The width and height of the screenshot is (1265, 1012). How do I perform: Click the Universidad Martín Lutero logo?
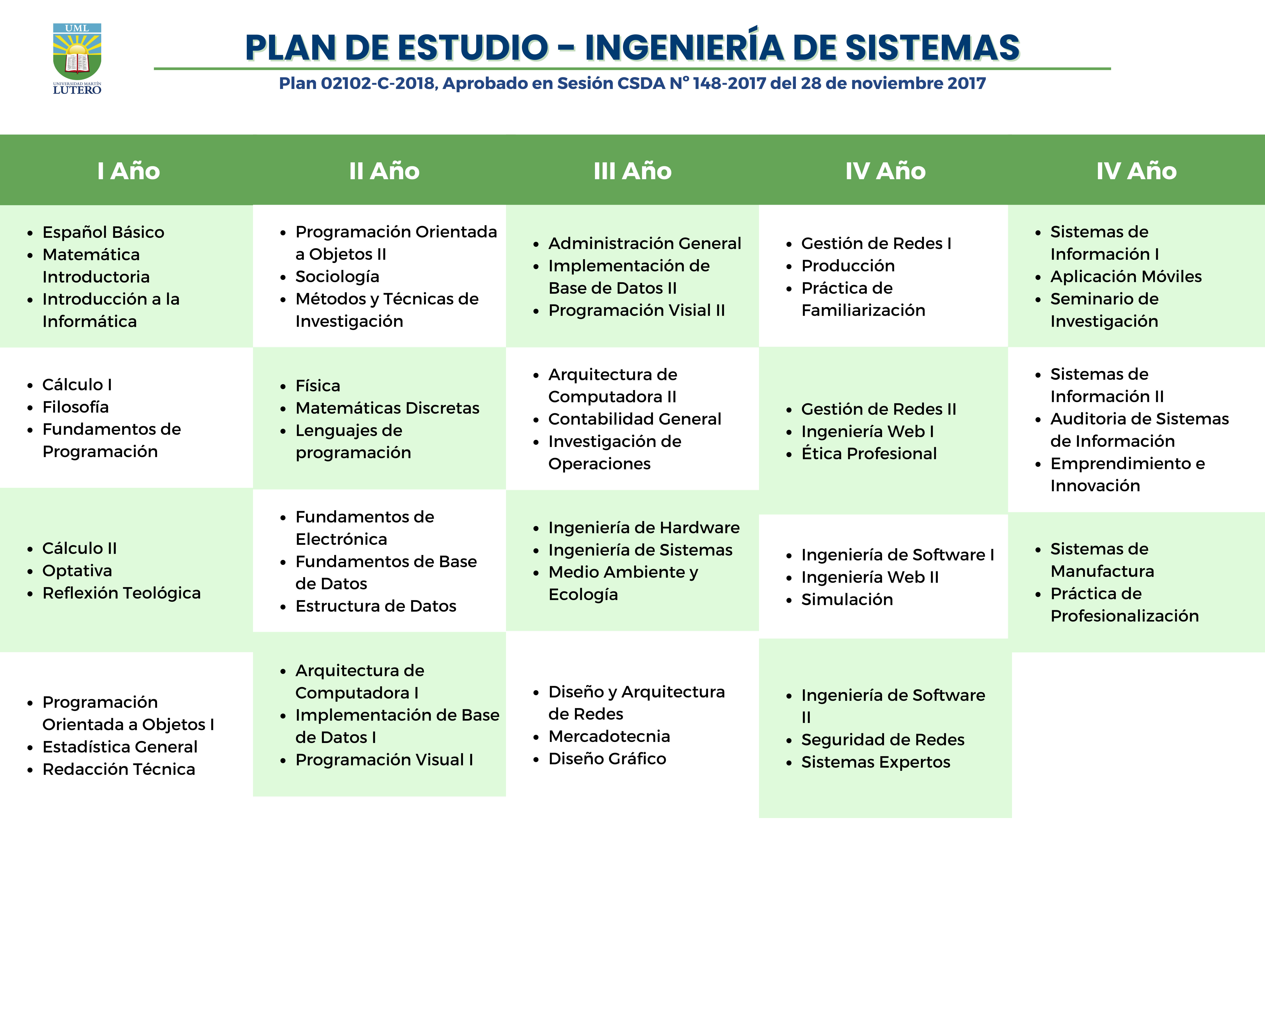77,59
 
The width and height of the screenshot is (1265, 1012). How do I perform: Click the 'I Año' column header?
128,171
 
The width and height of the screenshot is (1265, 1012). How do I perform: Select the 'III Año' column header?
632,171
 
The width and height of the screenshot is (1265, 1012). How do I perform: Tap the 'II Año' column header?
384,171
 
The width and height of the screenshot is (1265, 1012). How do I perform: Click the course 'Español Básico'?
103,232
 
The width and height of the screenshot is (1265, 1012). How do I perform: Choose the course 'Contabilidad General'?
635,419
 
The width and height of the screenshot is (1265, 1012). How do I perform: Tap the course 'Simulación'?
847,600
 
